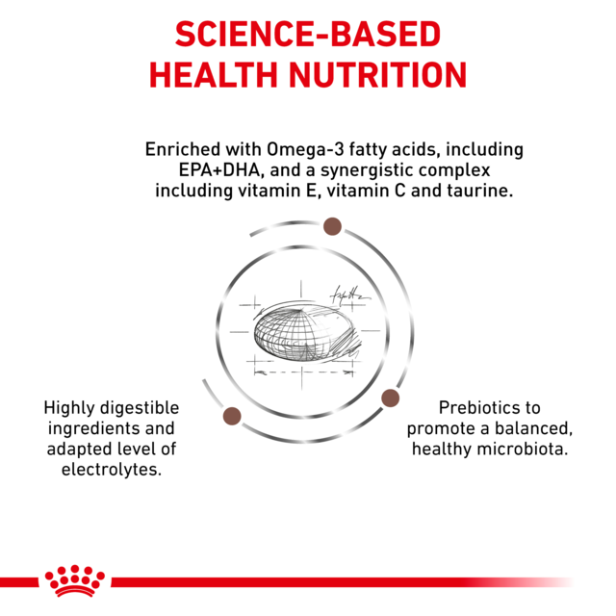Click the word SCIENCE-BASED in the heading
pyautogui.click(x=308, y=35)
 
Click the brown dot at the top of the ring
pyautogui.click(x=332, y=226)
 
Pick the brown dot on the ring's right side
pyautogui.click(x=391, y=398)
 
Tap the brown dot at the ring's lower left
pyautogui.click(x=231, y=416)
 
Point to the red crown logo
pyautogui.click(x=74, y=580)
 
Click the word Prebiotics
pyautogui.click(x=474, y=407)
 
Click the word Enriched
pyautogui.click(x=182, y=150)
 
